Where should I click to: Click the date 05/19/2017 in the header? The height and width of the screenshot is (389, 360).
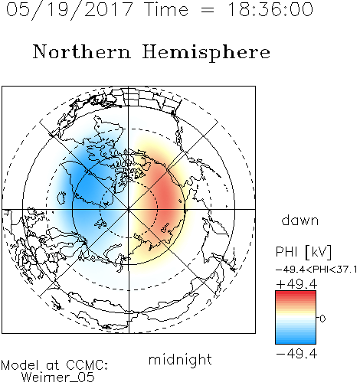(69, 10)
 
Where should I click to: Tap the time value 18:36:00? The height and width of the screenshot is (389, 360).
(270, 9)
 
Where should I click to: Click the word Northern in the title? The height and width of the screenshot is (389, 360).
(82, 51)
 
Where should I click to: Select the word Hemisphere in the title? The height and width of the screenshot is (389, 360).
(206, 53)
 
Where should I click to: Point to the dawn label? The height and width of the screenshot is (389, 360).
(300, 220)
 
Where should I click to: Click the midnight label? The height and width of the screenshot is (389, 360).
(180, 360)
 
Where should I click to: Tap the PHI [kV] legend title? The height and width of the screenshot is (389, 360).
(303, 252)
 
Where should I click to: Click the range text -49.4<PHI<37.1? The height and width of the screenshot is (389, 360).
(316, 270)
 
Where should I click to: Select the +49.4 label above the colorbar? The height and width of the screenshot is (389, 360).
(296, 284)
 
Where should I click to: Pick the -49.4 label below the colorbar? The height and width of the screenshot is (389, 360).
(296, 354)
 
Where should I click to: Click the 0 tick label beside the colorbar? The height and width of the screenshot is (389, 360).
(322, 319)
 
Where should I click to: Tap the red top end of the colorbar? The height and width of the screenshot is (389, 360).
(296, 293)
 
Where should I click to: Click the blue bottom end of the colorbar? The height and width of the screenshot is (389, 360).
(296, 342)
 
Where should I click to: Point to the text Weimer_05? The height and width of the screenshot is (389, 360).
(58, 377)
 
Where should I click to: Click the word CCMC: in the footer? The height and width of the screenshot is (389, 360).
(87, 365)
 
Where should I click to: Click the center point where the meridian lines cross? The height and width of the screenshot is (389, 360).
(129, 209)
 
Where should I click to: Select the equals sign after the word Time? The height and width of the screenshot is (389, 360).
(208, 10)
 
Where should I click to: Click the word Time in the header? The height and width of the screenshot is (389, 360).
(166, 9)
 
